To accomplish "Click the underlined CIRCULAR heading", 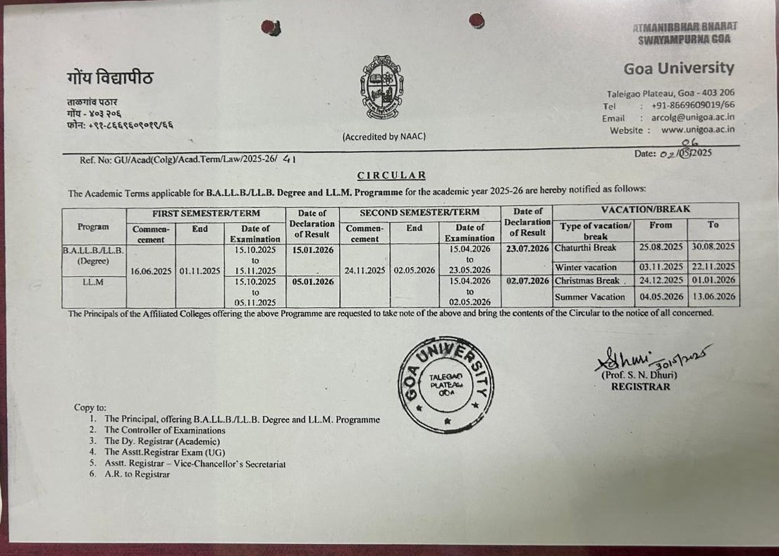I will click(x=391, y=175).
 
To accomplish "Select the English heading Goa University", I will click(x=678, y=68).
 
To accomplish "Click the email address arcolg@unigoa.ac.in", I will click(x=693, y=118).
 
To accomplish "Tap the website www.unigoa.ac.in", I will click(x=697, y=130).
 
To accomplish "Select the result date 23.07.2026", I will click(x=527, y=248).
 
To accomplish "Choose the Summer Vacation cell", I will click(x=589, y=297).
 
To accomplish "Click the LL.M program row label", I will click(x=93, y=282).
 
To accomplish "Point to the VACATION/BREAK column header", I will click(x=645, y=209).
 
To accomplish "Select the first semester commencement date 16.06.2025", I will click(x=151, y=271).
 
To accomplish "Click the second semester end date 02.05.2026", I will click(x=414, y=270).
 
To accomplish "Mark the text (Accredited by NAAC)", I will click(x=384, y=137).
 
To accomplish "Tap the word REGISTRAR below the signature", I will click(x=641, y=386).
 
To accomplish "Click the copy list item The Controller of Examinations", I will click(x=165, y=430).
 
